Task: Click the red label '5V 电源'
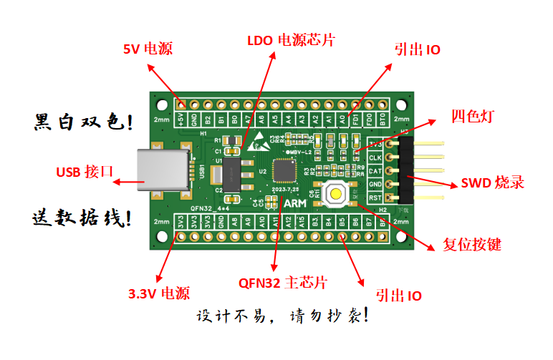pos(148,49)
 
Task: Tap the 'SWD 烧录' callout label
pos(492,183)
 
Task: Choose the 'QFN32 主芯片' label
pos(282,282)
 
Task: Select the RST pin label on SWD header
pos(375,197)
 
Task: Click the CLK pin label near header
pos(375,157)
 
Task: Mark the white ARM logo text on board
pos(294,204)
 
